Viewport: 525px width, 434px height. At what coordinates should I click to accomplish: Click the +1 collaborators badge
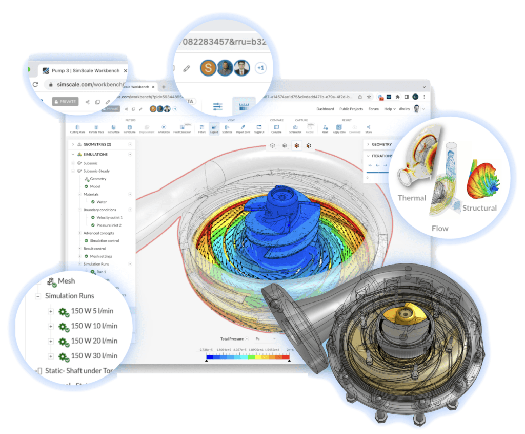tap(260, 68)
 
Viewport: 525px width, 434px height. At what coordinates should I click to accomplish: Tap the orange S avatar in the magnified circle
tap(208, 68)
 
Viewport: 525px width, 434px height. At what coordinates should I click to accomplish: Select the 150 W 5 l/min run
tap(92, 311)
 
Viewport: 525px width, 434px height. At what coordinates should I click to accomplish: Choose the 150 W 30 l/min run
tap(94, 355)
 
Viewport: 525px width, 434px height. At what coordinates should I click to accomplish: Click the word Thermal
tap(412, 198)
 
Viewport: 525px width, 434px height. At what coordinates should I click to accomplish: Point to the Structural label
tap(479, 208)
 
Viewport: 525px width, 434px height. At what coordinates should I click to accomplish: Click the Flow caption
tap(440, 229)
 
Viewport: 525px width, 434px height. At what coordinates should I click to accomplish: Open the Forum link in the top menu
tap(373, 109)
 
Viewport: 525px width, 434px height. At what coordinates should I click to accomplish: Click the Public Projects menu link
tap(351, 109)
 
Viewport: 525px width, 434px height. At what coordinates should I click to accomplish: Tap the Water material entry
tap(102, 202)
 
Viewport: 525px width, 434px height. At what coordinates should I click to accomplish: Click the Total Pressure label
tap(232, 339)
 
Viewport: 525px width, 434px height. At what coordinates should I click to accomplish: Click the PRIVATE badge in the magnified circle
tap(65, 102)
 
